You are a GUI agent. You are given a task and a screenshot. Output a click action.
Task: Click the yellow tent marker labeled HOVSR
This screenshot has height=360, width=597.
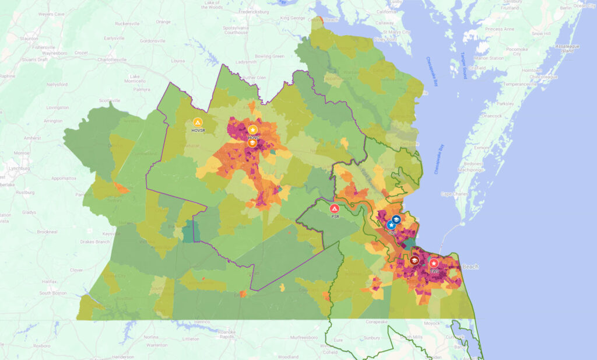(x=198, y=122)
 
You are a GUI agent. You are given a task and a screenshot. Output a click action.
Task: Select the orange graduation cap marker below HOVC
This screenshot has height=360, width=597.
(x=252, y=142)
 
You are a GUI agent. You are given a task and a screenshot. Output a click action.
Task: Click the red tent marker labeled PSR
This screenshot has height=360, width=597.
(x=335, y=208)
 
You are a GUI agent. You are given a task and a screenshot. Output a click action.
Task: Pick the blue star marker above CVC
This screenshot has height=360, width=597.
(x=390, y=225)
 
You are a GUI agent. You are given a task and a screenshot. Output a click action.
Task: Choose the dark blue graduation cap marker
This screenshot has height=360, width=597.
(x=396, y=219)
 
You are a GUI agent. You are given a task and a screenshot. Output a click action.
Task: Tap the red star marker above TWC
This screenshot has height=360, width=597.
(x=434, y=264)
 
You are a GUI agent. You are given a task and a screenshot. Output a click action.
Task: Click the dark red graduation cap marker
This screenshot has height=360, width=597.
(x=415, y=261)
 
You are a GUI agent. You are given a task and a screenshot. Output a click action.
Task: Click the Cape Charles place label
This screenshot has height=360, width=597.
(x=454, y=194)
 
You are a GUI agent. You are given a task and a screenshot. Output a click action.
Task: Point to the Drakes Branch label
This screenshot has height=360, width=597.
(x=80, y=242)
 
